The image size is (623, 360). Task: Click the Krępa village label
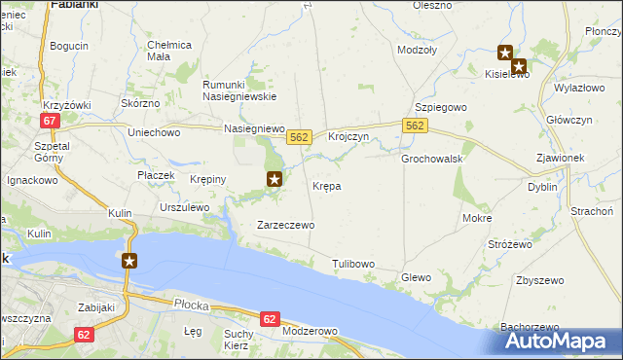point(326,185)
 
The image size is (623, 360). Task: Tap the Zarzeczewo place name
point(284,225)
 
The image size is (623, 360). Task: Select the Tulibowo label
point(352,264)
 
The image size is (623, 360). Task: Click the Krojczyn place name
point(348,137)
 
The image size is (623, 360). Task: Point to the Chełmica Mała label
point(169,51)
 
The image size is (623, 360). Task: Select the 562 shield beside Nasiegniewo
point(299,138)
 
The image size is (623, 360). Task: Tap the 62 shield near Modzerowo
point(271,318)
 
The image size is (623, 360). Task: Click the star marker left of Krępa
point(275,178)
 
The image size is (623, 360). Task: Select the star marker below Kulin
point(129,260)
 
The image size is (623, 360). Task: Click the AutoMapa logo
point(561,341)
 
